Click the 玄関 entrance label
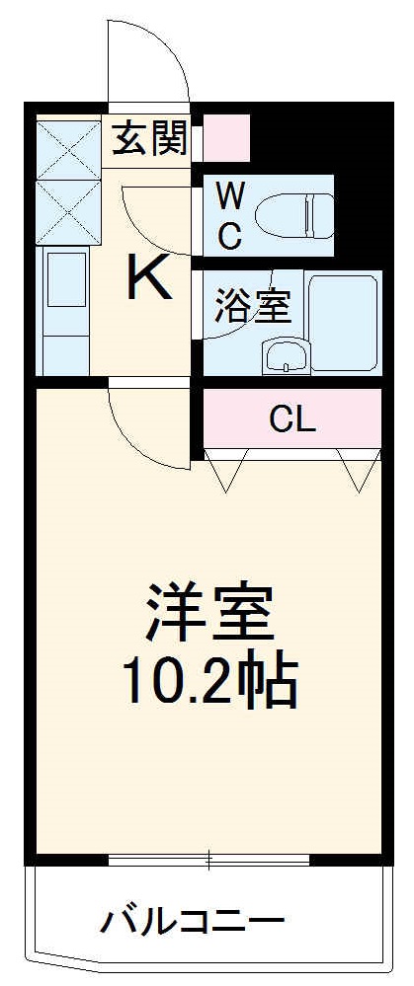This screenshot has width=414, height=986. coord(149,139)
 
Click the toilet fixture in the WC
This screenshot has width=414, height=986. coord(294,213)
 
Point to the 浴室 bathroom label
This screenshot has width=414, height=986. coord(252,306)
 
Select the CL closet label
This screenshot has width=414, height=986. coord(292,420)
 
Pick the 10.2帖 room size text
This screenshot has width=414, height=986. coord(208,683)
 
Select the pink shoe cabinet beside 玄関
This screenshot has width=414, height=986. coord(226,138)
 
